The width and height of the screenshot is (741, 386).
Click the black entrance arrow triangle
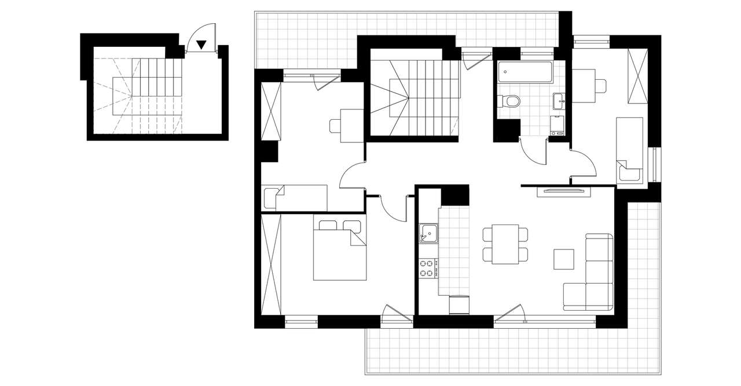click(201, 44)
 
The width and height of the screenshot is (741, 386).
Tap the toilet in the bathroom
click(509, 101)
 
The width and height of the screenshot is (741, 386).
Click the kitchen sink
click(429, 233)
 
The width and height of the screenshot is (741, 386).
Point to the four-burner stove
click(428, 268)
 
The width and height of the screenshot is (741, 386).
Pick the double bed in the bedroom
click(340, 249)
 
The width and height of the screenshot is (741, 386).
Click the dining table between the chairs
click(505, 244)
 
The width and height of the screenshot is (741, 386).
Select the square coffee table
click(564, 259)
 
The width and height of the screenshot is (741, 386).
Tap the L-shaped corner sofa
click(596, 278)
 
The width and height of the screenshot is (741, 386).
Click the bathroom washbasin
click(559, 101)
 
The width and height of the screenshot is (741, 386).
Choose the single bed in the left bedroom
click(295, 198)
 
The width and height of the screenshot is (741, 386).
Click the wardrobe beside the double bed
click(271, 263)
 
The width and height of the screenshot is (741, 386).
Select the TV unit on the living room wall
click(563, 192)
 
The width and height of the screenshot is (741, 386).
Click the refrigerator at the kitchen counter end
click(460, 304)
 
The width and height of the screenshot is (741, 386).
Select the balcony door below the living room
click(511, 315)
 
